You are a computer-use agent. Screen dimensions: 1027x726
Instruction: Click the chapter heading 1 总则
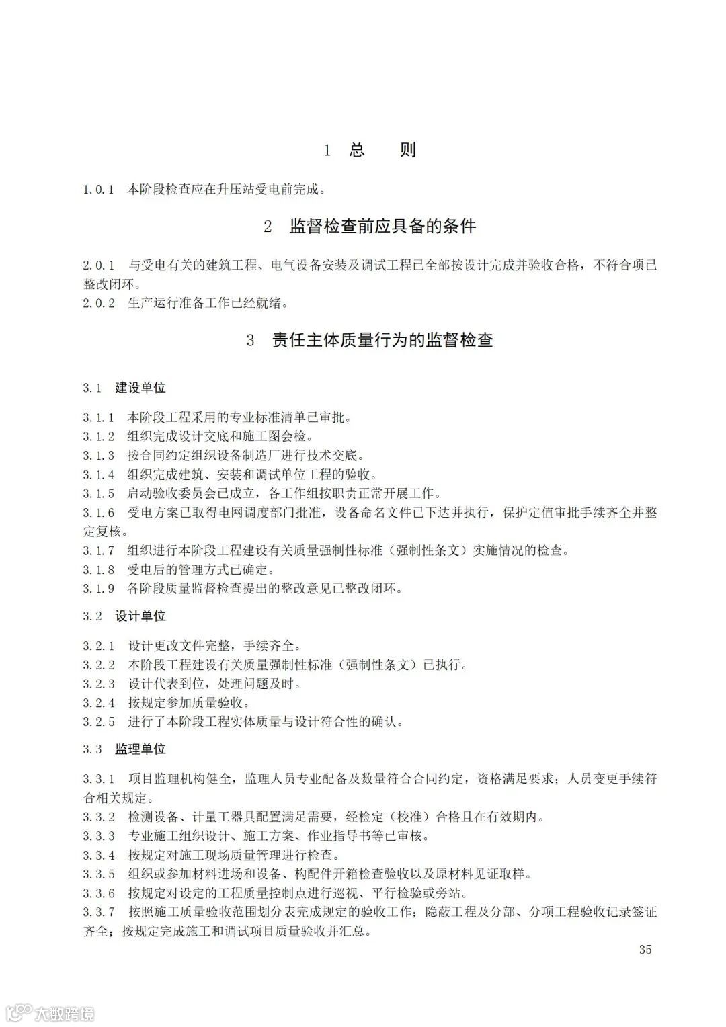[x=370, y=150]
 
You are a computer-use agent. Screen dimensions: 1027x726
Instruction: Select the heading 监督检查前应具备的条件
[x=382, y=227]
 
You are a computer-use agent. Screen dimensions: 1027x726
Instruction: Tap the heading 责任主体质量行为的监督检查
[x=382, y=340]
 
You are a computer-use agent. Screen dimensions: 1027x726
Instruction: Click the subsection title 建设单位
[x=140, y=388]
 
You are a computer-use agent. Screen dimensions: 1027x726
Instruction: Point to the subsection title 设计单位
[x=140, y=616]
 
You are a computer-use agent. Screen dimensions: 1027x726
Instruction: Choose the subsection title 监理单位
[x=140, y=749]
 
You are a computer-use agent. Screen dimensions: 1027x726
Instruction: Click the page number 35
[x=645, y=950]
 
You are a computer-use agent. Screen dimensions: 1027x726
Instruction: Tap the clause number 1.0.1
[x=99, y=190]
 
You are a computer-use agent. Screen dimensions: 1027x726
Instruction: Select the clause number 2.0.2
[x=99, y=303]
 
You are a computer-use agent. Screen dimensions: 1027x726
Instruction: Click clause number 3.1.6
[x=99, y=513]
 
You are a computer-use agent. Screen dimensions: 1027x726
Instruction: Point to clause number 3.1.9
[x=99, y=589]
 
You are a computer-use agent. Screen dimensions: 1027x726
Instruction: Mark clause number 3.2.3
[x=99, y=684]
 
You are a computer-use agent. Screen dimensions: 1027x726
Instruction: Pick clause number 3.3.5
[x=99, y=874]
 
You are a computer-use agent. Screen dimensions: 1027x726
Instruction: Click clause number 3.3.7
[x=99, y=912]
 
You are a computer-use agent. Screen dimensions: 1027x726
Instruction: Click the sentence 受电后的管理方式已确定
[x=201, y=570]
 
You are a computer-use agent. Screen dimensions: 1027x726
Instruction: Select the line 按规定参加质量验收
[x=189, y=703]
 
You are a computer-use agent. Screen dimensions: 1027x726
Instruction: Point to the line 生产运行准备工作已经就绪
[x=208, y=303]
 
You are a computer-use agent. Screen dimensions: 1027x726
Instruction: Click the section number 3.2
[x=93, y=616]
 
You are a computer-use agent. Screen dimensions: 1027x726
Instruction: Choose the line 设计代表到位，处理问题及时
[x=214, y=684]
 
